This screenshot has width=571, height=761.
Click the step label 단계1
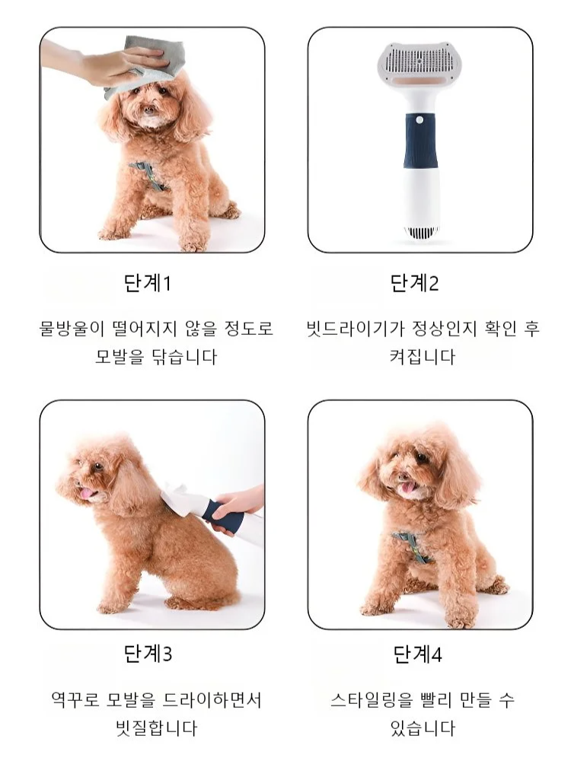pyautogui.click(x=148, y=283)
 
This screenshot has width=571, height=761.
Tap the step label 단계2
pyautogui.click(x=415, y=283)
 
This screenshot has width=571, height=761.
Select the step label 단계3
pyautogui.click(x=148, y=653)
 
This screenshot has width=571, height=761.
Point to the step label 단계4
pyautogui.click(x=417, y=653)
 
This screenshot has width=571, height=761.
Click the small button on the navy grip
pyautogui.click(x=419, y=119)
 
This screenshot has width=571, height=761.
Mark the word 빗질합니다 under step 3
pyautogui.click(x=152, y=728)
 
